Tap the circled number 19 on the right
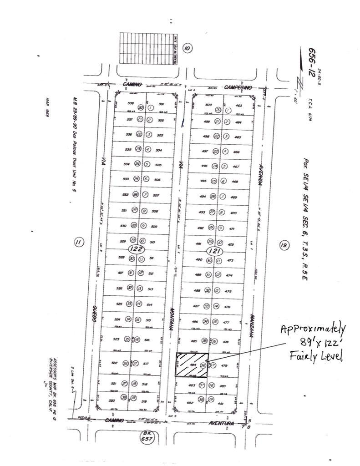coord(284,246)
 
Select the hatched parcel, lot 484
coord(192,365)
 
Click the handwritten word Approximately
coord(313,329)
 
